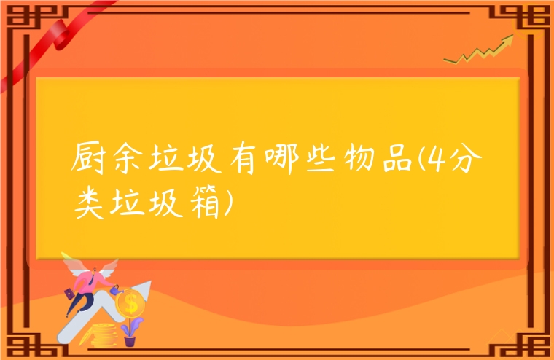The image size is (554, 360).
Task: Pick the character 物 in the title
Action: coord(375,160)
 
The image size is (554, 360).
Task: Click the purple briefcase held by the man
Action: coord(69,294)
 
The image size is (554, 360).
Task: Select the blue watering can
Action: coord(117,289)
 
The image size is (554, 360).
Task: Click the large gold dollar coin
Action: coord(131,300)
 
